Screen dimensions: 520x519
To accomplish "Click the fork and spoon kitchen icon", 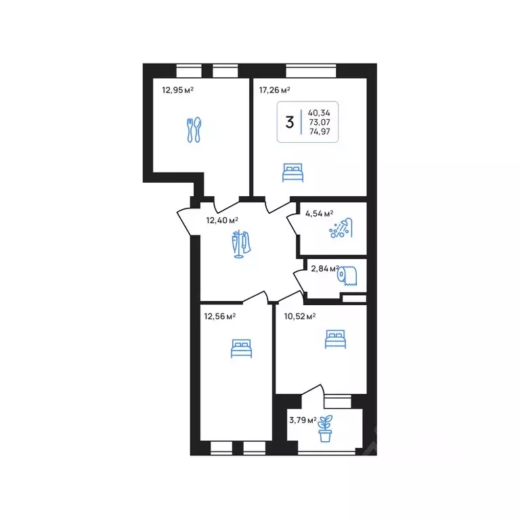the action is [x=194, y=130].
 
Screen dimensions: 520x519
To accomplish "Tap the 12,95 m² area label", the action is [x=178, y=90].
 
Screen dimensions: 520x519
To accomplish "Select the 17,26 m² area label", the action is [x=275, y=90].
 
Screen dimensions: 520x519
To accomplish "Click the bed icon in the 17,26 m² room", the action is [x=292, y=173].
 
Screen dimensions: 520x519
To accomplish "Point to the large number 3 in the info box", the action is [x=290, y=122].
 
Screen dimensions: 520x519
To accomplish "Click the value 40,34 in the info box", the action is [x=319, y=113].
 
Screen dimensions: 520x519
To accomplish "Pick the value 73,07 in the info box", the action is [x=320, y=122].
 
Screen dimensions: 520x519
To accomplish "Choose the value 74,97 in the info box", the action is [x=320, y=131].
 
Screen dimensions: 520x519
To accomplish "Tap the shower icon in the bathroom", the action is [x=341, y=228].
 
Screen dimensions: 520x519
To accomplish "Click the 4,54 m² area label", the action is [x=320, y=213].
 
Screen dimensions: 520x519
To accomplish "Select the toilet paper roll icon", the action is [x=347, y=275].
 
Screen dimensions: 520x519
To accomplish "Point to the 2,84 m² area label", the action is [x=325, y=269].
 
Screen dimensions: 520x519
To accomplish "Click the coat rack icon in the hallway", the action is [x=241, y=244].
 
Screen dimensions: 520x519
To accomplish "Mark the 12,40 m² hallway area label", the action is [x=222, y=220].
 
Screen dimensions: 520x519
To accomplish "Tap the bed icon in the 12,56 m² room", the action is [x=242, y=348].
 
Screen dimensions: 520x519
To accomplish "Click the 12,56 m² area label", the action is [x=220, y=316].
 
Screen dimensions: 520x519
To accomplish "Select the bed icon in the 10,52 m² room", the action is [x=335, y=339].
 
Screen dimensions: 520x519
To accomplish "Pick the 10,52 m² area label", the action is [x=300, y=316].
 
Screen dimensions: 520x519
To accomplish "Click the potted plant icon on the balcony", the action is [x=325, y=428].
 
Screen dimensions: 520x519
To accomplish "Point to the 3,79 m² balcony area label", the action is [x=303, y=420].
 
